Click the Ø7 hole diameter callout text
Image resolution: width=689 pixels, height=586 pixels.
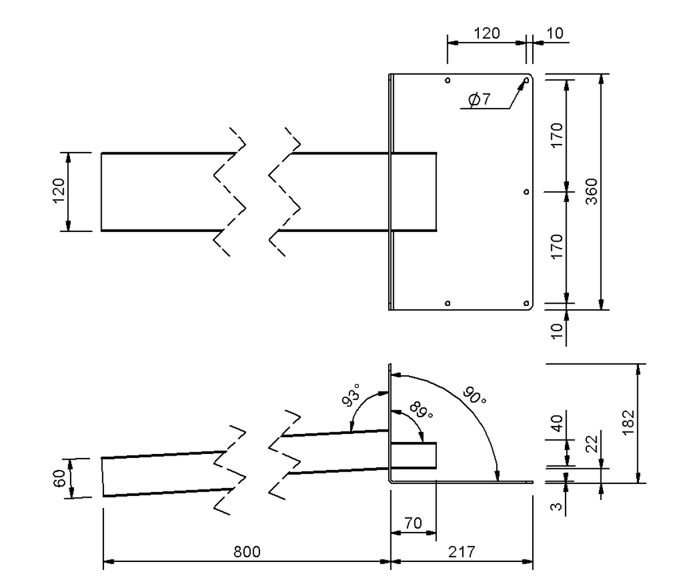[479, 100]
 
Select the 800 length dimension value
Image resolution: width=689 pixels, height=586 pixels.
[247, 552]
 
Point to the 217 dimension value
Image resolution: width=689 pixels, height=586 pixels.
[462, 552]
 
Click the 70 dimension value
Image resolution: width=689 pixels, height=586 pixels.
[413, 523]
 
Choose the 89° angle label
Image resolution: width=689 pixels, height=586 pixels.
[422, 410]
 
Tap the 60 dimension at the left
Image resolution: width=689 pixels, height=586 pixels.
[59, 478]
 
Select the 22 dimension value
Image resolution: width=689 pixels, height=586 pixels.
[593, 444]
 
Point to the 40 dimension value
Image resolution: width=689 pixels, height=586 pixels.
[556, 424]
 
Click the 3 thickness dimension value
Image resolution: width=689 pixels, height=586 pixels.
[556, 507]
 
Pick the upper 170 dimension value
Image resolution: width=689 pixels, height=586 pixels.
[556, 135]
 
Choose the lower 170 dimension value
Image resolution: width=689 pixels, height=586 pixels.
[556, 246]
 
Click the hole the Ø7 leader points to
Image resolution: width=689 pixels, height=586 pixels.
[526, 80]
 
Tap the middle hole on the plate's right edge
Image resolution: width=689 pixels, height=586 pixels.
[526, 192]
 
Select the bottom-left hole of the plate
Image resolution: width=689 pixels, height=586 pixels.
[447, 302]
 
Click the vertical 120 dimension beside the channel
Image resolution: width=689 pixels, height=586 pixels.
[59, 192]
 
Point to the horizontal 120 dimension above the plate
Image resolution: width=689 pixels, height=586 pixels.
[486, 33]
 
